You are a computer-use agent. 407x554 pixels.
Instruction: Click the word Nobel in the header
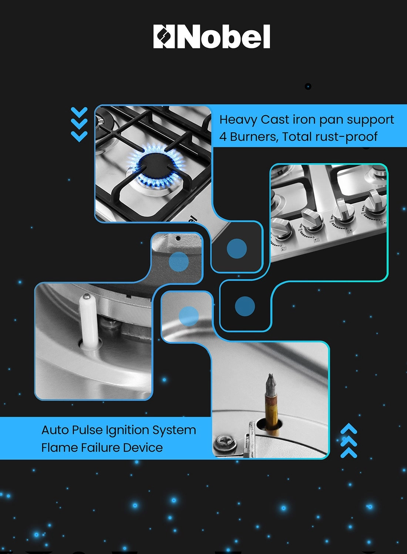click(223, 36)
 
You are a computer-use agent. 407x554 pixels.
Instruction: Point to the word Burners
click(255, 137)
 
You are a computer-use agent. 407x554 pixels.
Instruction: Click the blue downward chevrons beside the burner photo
click(79, 124)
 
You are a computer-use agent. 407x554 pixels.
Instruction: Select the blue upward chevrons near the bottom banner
click(349, 441)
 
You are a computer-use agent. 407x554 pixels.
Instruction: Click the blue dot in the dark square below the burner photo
click(237, 249)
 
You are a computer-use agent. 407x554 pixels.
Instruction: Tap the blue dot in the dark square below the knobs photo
click(245, 306)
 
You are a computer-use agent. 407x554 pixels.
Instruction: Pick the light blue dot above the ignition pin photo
click(179, 262)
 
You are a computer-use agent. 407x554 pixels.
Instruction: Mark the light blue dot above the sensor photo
click(189, 316)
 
